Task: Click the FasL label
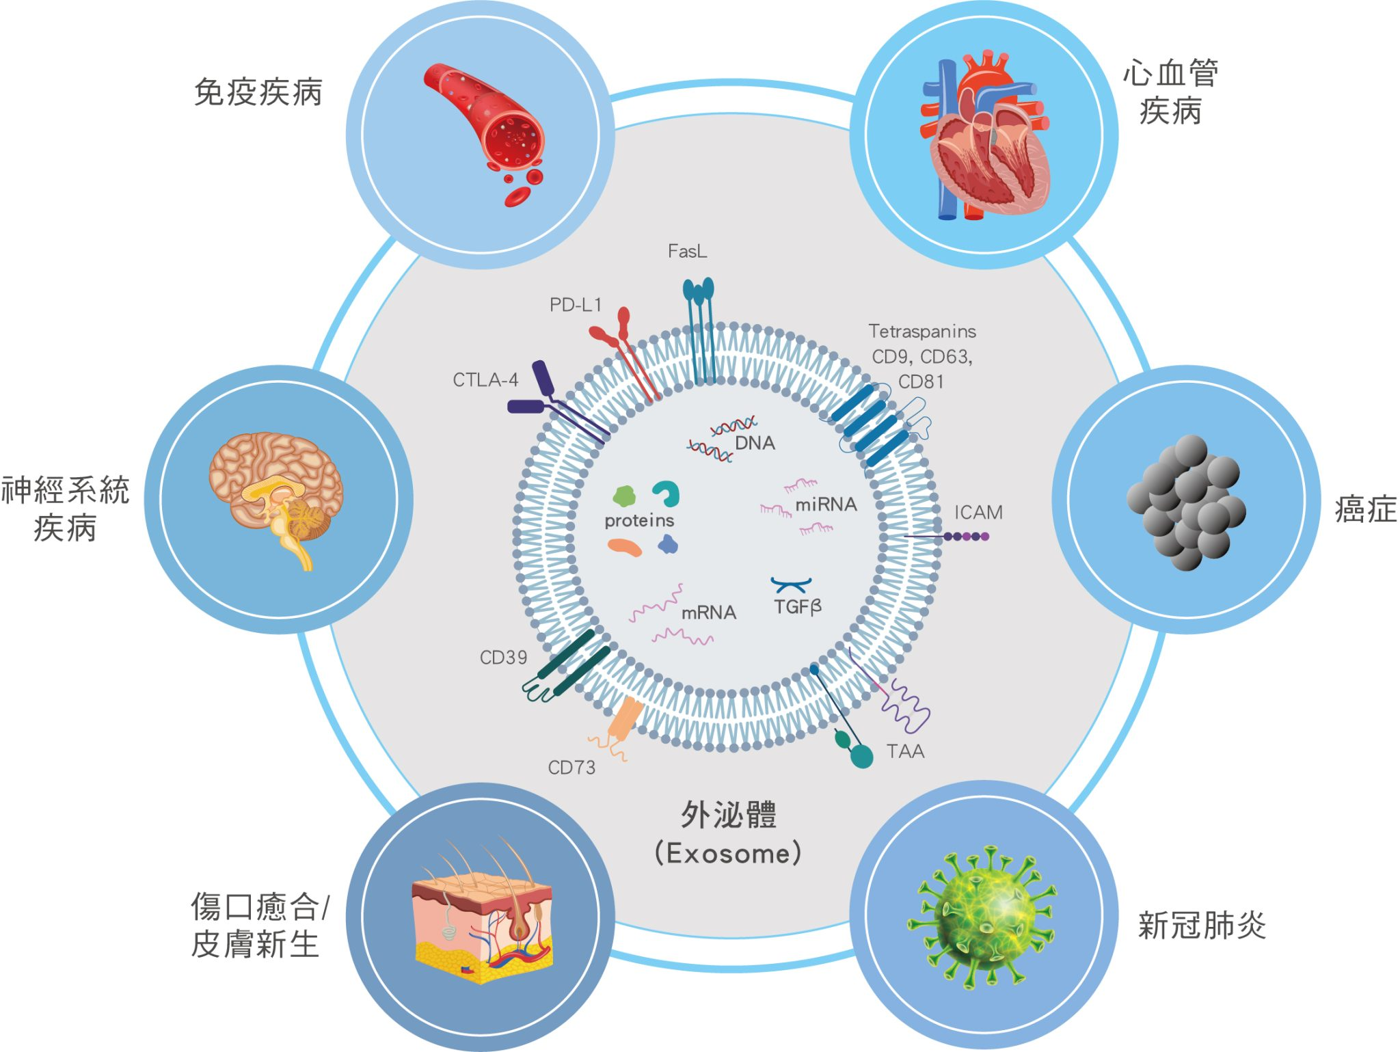(x=687, y=252)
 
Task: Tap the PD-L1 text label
(x=576, y=305)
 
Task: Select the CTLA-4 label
(x=485, y=380)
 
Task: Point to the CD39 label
(x=503, y=658)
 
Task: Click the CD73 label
(x=571, y=768)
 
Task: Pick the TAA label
(x=905, y=751)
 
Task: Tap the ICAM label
(x=978, y=513)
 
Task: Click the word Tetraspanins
(x=921, y=332)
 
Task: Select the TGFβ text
(x=797, y=606)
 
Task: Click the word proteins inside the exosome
(x=639, y=521)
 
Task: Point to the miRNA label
(x=825, y=504)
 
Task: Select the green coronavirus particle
(x=982, y=916)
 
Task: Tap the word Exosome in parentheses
(x=727, y=854)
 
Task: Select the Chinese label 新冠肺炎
(x=1202, y=926)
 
